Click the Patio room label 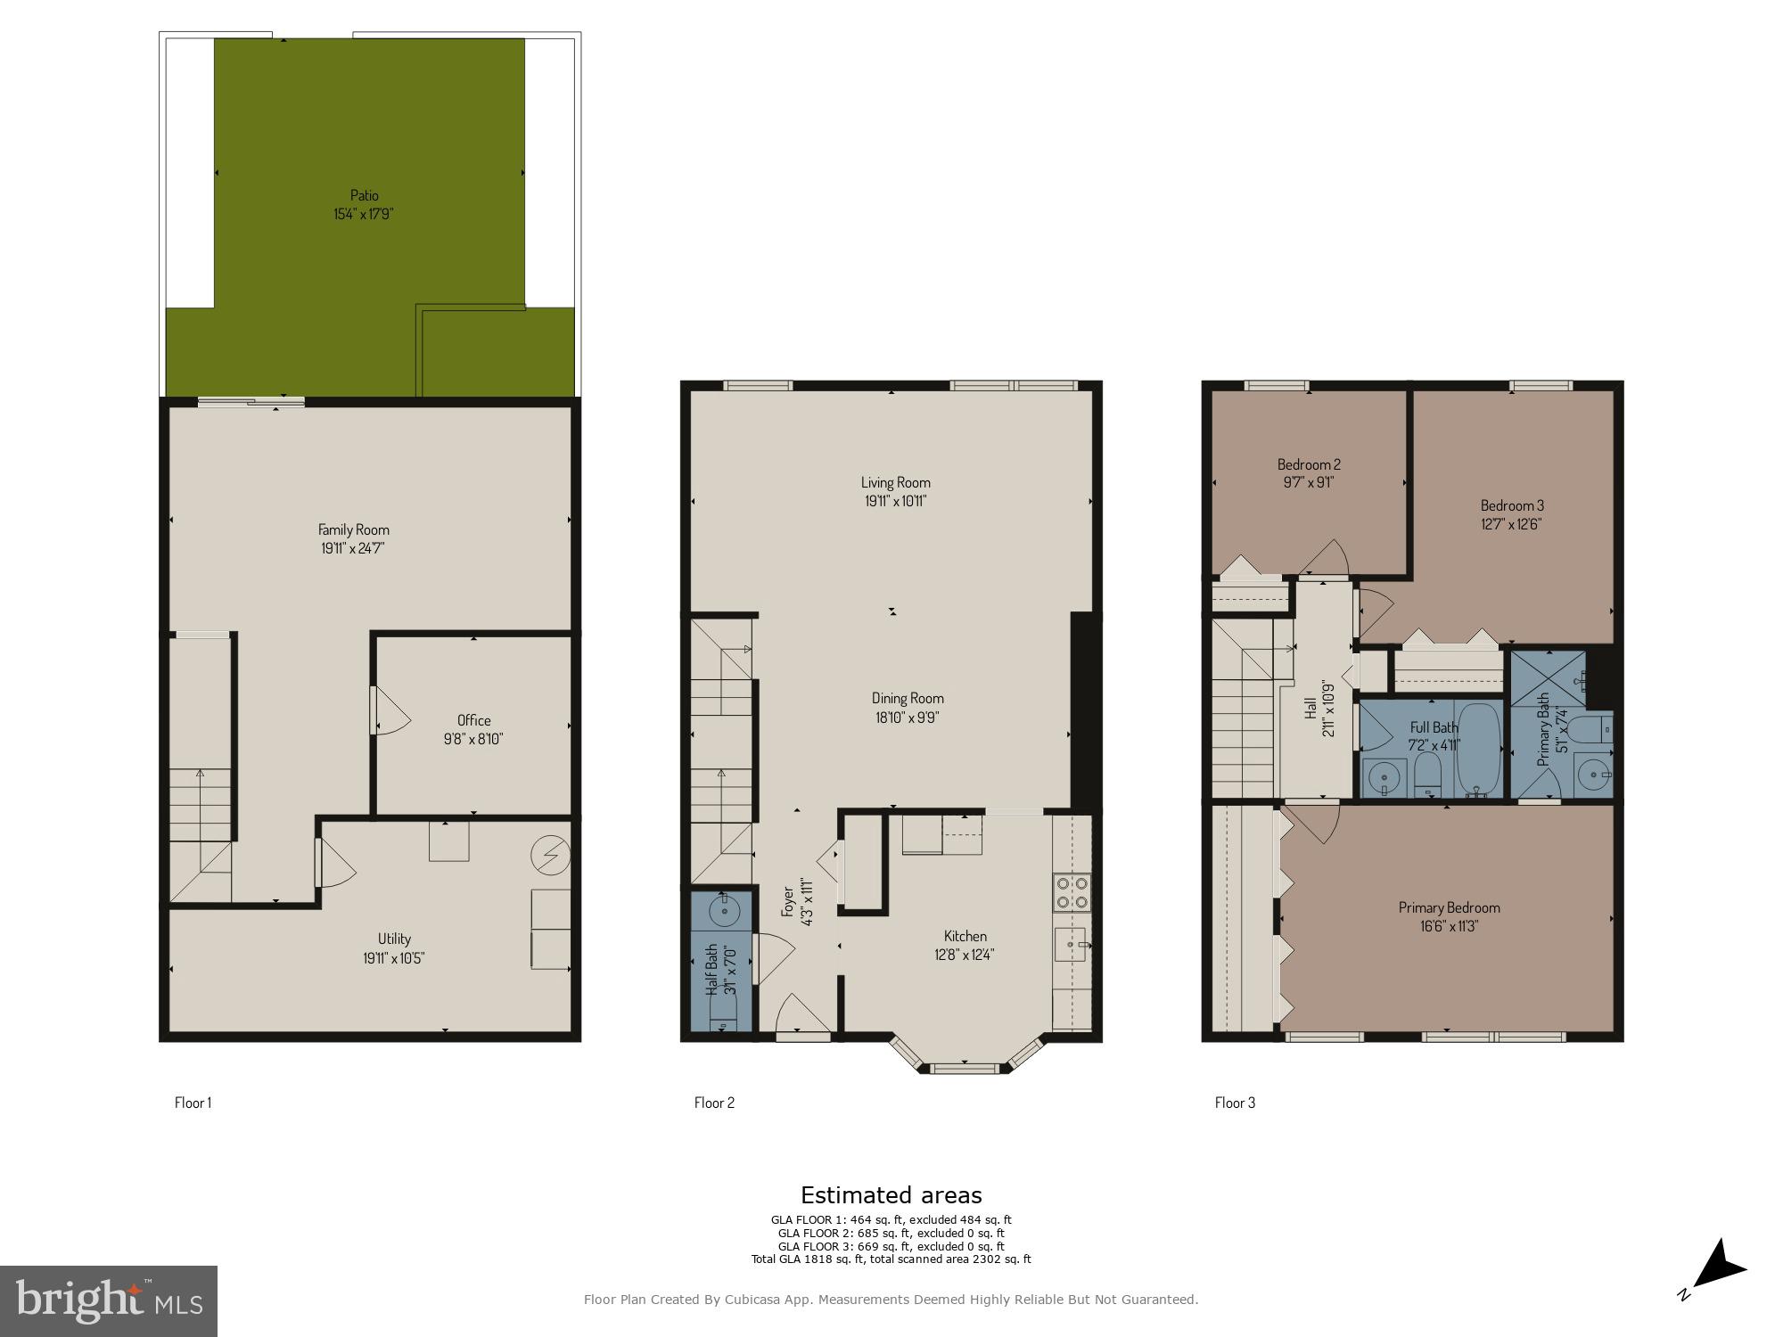tap(364, 195)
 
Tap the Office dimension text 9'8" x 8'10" tap(473, 739)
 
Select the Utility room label tap(394, 939)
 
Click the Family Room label tap(354, 529)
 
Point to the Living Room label tap(895, 482)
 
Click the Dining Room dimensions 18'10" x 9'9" tap(907, 717)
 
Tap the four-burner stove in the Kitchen tap(1072, 892)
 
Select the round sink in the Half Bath tap(724, 911)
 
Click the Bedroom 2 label tap(1309, 464)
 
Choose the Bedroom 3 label tap(1512, 505)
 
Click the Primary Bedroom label tap(1449, 907)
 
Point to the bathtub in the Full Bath tap(1478, 751)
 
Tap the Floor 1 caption tap(193, 1103)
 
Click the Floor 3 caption tap(1235, 1103)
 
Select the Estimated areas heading tap(891, 1195)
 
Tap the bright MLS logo tap(109, 1301)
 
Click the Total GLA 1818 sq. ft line tap(891, 1259)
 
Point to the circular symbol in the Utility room tap(549, 855)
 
